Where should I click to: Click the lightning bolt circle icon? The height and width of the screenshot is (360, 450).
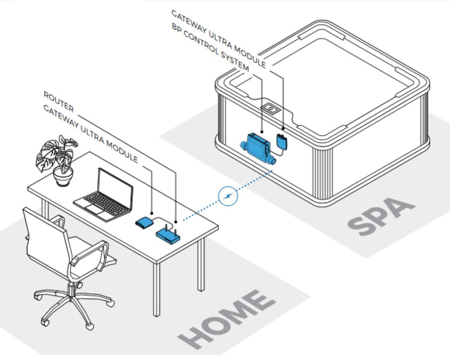pos(227,197)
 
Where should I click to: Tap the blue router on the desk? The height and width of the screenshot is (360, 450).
pos(168,235)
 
